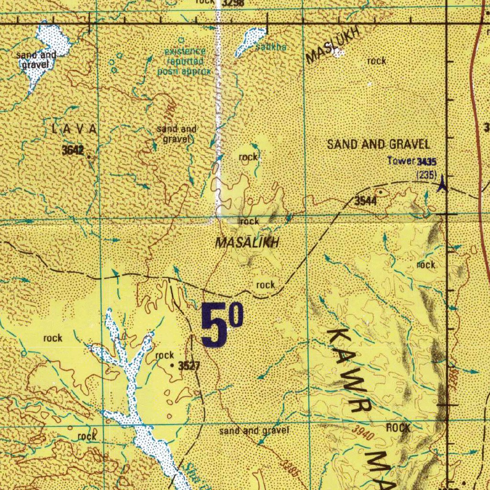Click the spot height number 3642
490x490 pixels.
click(x=73, y=150)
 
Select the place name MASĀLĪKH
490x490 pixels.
click(x=247, y=244)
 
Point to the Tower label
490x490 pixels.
click(x=401, y=161)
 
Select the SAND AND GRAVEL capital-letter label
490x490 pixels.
click(x=378, y=144)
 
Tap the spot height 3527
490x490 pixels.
click(x=189, y=366)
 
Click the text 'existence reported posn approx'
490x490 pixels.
click(x=184, y=61)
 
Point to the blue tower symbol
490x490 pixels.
click(x=443, y=183)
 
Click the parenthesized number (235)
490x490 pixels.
click(x=426, y=175)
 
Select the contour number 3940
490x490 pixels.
click(x=362, y=433)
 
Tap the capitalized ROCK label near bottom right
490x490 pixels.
click(x=398, y=428)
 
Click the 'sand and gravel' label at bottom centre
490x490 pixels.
click(x=254, y=431)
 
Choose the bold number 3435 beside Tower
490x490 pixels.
click(x=426, y=162)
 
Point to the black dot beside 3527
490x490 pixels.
click(x=173, y=365)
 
